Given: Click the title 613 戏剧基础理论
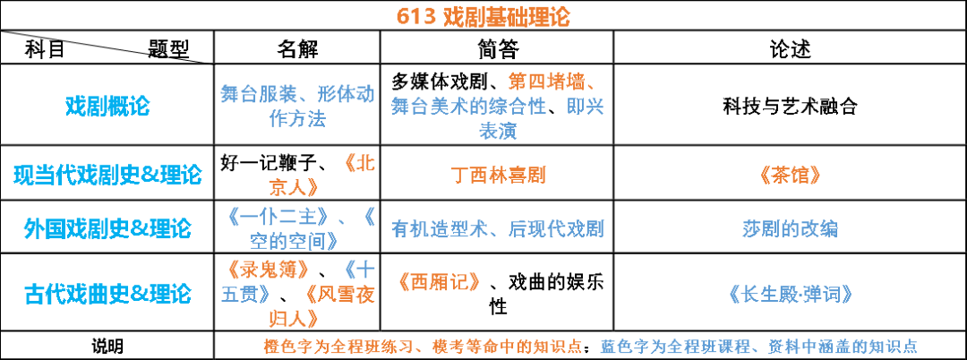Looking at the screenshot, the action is [483, 17].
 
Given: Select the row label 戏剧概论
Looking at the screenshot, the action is [107, 107].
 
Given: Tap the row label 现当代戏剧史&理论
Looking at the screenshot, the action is [107, 175].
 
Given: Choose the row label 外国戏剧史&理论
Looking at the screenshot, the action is [107, 229].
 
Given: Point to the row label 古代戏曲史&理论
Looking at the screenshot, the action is [107, 294].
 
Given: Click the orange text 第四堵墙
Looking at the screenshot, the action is [543, 81].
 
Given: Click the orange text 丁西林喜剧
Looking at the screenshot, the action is [498, 176].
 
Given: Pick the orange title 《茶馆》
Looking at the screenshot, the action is [789, 176].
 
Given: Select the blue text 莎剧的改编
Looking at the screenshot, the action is [790, 229].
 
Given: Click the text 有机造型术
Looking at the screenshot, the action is [430, 229].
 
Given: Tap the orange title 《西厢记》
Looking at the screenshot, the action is [438, 282].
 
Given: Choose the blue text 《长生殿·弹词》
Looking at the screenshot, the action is [789, 294].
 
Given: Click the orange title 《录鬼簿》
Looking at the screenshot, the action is [269, 270].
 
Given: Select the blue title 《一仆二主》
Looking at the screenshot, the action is [281, 217].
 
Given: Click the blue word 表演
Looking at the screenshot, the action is [498, 131].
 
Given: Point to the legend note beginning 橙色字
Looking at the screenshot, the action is [423, 347].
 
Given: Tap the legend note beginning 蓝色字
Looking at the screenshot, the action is [758, 347].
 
